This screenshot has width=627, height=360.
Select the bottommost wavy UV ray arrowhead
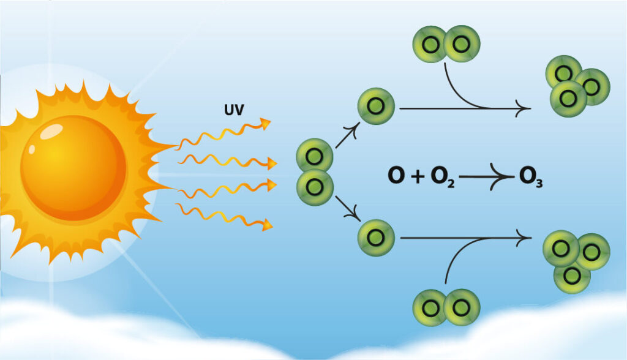[x=267, y=227]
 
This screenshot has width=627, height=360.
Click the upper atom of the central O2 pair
[x=315, y=156]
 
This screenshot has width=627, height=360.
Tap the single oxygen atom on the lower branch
[x=376, y=238]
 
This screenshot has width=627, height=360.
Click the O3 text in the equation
[x=530, y=177]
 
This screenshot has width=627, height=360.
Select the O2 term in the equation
[x=441, y=177]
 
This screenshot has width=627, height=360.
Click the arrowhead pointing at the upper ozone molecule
[x=525, y=108]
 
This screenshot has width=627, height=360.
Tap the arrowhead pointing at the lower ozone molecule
[x=524, y=238]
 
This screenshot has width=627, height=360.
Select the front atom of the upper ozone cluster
[x=568, y=98]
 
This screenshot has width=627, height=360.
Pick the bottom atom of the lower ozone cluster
[x=572, y=276]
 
